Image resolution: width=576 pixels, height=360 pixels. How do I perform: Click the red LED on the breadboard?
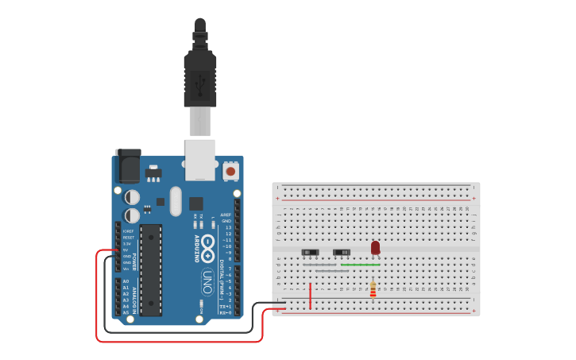point(375,248)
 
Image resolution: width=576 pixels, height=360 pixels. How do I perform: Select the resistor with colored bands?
point(373,290)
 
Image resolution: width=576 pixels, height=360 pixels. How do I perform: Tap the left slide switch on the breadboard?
point(310,253)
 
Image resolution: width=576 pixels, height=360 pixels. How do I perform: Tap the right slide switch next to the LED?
point(341,253)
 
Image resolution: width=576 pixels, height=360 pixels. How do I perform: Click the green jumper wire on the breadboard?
point(360,265)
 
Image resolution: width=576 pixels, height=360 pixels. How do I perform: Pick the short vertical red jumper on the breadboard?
point(310,295)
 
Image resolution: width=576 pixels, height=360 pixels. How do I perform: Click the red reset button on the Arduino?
point(230,170)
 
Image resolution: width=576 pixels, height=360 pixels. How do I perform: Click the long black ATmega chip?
point(151,269)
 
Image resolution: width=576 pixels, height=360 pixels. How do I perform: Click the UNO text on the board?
point(207,281)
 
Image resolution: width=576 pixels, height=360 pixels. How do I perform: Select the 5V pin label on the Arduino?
point(126,250)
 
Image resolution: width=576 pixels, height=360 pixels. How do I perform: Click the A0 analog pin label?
point(126,281)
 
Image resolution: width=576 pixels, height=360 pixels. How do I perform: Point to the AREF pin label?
point(226,215)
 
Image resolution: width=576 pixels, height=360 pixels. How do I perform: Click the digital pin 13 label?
point(227,227)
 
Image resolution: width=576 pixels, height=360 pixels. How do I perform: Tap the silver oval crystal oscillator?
point(176,201)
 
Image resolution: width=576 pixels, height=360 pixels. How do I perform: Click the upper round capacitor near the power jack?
point(133,196)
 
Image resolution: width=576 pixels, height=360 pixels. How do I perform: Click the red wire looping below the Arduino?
point(179,342)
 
